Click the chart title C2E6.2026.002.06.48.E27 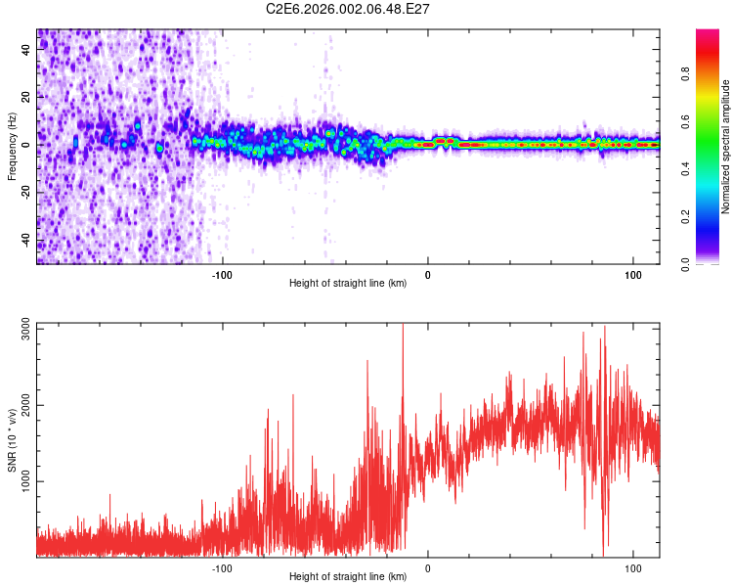coord(348,9)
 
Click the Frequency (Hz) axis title coord(12,147)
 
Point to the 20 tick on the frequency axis coord(27,97)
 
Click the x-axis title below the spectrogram coord(348,284)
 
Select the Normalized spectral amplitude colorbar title coord(726,147)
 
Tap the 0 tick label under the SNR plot coord(427,566)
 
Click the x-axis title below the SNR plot coord(348,577)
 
